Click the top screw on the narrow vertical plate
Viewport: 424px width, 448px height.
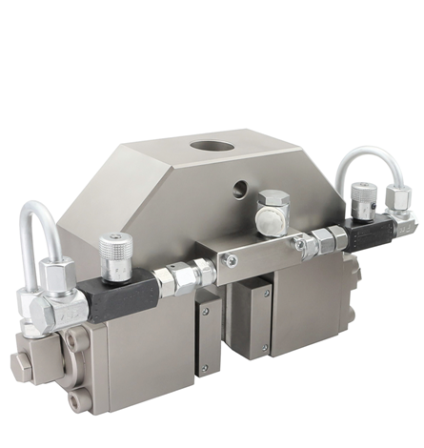pos(204,311)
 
